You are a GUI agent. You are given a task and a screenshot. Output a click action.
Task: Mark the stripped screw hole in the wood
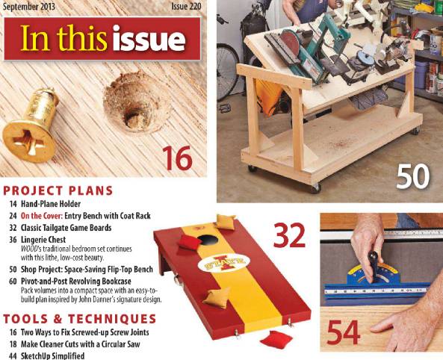(x=134, y=109)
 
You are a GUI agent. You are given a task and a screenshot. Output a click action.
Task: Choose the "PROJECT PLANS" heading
(x=59, y=190)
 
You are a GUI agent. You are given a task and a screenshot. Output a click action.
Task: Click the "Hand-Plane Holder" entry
(x=56, y=203)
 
